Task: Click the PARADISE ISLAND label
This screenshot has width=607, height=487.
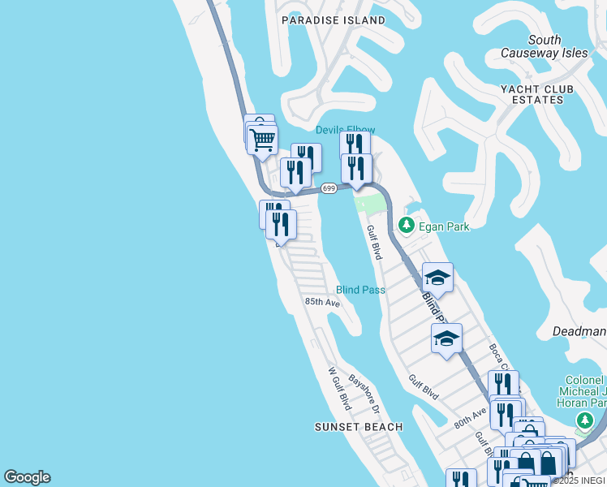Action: pyautogui.click(x=334, y=19)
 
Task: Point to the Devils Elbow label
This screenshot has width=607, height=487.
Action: pyautogui.click(x=345, y=130)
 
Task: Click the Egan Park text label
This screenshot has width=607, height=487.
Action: pyautogui.click(x=444, y=227)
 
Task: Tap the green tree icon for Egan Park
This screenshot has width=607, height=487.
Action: pyautogui.click(x=407, y=224)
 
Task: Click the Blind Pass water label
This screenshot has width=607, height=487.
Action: pyautogui.click(x=360, y=290)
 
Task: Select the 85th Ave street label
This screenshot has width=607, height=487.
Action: pyautogui.click(x=322, y=302)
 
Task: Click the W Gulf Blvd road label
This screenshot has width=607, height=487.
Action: pyautogui.click(x=338, y=389)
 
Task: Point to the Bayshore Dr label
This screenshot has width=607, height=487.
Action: pyautogui.click(x=364, y=391)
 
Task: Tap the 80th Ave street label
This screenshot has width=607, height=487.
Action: pyautogui.click(x=470, y=418)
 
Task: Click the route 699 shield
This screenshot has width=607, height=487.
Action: pyautogui.click(x=329, y=188)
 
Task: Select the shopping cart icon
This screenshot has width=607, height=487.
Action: pyautogui.click(x=261, y=140)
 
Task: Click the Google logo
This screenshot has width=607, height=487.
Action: pyautogui.click(x=27, y=477)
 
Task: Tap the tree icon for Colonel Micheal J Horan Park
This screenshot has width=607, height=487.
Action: pyautogui.click(x=583, y=420)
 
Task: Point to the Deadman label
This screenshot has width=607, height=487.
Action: pyautogui.click(x=579, y=331)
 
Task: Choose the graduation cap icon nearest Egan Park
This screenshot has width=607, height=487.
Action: pyautogui.click(x=437, y=278)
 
